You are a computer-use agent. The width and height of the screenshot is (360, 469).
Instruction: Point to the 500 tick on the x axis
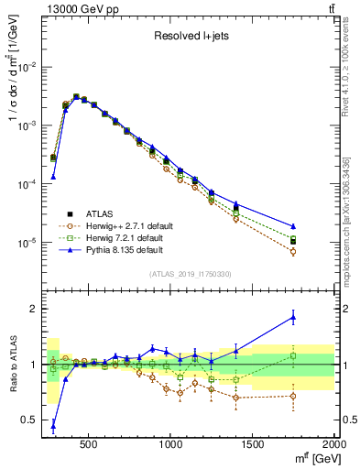pos(89,444)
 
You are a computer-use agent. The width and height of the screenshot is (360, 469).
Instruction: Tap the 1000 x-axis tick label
pos(171,444)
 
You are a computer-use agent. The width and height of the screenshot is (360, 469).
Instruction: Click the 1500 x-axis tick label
pos(253,444)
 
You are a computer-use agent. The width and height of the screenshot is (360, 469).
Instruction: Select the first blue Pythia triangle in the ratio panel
pos(53,425)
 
